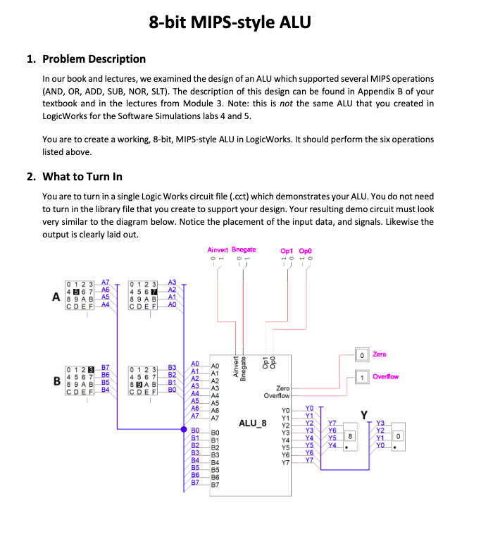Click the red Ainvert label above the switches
219,249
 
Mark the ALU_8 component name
252,424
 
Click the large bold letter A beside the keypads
56,297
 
